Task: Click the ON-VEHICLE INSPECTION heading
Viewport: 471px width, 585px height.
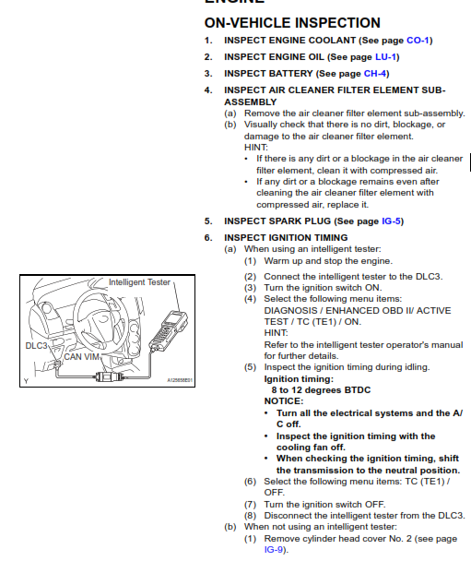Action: (292, 22)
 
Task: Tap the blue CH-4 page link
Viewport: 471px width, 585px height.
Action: (375, 73)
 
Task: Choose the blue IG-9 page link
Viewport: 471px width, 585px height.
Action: (274, 550)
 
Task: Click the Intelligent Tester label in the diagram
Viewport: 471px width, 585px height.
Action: (139, 281)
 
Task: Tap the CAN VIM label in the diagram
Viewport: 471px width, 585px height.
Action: (81, 356)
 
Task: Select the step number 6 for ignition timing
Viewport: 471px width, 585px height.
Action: (208, 238)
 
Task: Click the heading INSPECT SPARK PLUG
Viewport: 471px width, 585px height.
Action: (277, 221)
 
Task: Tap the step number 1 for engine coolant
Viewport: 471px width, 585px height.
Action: (208, 41)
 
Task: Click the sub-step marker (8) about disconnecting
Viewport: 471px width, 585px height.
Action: (250, 516)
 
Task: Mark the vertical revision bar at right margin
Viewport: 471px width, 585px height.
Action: (470, 163)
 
